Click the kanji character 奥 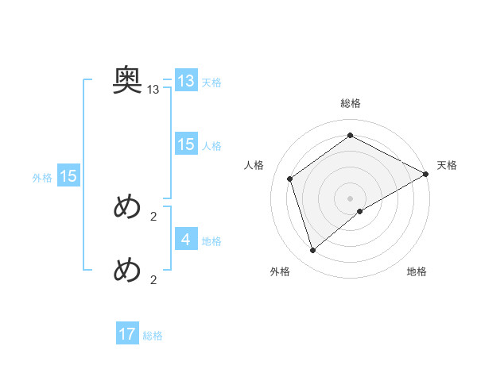click(x=127, y=79)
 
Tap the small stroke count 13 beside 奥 click(x=153, y=90)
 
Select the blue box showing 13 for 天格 click(x=186, y=81)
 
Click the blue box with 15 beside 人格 click(x=186, y=144)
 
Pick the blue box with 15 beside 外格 click(x=68, y=176)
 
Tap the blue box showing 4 click(x=186, y=239)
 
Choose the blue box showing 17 click(x=127, y=334)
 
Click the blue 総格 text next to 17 click(x=153, y=336)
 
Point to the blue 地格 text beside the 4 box click(x=211, y=241)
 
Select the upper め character click(x=127, y=208)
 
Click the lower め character click(x=127, y=271)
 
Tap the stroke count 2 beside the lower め click(x=153, y=279)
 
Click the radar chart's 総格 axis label click(x=351, y=104)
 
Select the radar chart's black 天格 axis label click(x=447, y=165)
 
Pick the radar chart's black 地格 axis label click(x=417, y=272)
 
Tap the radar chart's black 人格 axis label click(x=254, y=165)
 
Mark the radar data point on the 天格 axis click(x=426, y=174)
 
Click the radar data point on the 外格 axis click(x=313, y=251)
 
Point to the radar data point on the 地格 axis click(x=360, y=211)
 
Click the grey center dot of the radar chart click(x=350, y=198)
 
